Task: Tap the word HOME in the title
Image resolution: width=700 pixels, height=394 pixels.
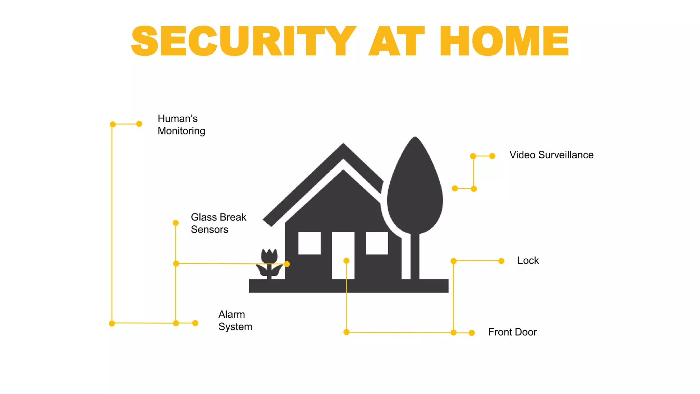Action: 504,41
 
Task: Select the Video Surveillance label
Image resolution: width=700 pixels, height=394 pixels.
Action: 551,155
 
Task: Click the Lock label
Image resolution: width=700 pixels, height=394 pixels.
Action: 528,261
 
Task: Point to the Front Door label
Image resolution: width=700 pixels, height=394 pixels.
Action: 512,332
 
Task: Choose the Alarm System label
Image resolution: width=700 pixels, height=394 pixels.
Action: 235,320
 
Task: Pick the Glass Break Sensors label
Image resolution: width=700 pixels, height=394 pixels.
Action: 218,223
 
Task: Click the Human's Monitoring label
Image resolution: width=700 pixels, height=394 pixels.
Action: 181,124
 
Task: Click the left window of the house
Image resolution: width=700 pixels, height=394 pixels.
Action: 309,243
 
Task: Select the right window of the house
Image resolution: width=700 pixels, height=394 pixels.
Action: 377,243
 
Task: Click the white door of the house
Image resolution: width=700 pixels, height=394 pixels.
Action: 343,270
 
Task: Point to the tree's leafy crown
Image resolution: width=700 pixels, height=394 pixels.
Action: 415,188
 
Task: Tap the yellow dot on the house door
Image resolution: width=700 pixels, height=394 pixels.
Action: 346,261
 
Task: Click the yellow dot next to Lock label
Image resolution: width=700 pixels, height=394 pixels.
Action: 501,261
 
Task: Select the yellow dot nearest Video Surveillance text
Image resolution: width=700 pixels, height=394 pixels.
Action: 492,156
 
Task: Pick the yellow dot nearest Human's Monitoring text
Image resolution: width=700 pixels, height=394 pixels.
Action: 139,124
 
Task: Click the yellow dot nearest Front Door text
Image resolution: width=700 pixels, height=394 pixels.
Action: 472,333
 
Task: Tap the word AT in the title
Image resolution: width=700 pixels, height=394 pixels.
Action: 396,41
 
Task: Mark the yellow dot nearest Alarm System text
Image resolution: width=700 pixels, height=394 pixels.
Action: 195,323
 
